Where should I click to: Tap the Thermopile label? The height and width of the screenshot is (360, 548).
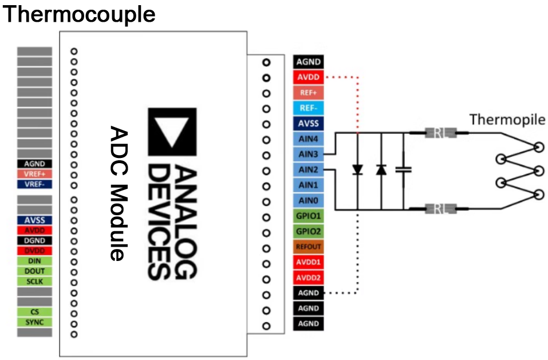(x=507, y=120)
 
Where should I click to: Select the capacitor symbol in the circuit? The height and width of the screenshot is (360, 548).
(x=405, y=170)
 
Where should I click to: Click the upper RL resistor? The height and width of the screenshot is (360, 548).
(x=440, y=133)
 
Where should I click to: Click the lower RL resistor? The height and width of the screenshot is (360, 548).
(x=440, y=209)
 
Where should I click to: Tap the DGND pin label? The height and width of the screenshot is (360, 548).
(x=35, y=241)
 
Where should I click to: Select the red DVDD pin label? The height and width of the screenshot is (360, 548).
(x=35, y=251)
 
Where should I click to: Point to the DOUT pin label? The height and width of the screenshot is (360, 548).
(x=35, y=271)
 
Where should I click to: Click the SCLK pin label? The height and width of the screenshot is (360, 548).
(x=35, y=281)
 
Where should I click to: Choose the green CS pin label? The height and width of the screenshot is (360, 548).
(x=35, y=312)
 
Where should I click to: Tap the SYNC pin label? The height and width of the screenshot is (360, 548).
(x=35, y=322)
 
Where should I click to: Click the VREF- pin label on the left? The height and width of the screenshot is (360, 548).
(x=35, y=184)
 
